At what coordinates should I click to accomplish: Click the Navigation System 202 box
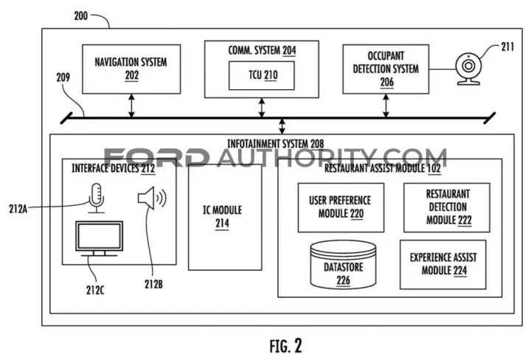(131, 69)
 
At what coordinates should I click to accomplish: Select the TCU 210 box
(262, 75)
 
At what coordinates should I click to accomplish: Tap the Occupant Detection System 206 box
(386, 69)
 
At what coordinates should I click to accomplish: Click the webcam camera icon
(468, 69)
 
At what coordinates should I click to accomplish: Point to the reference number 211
(507, 46)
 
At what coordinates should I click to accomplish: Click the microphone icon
(97, 198)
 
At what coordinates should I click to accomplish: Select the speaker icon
(152, 198)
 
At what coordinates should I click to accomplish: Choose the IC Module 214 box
(225, 217)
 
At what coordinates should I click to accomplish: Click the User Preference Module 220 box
(341, 207)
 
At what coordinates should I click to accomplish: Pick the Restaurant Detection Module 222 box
(447, 207)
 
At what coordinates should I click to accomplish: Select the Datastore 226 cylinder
(343, 265)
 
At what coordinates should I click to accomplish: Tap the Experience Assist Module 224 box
(443, 265)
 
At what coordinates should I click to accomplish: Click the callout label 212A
(18, 209)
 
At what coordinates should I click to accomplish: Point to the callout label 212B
(153, 284)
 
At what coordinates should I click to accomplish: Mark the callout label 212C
(95, 290)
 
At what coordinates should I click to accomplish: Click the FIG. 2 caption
(285, 346)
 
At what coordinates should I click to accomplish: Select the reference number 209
(63, 77)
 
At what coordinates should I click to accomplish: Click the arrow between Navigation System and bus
(131, 105)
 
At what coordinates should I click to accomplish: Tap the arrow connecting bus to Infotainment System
(282, 126)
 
